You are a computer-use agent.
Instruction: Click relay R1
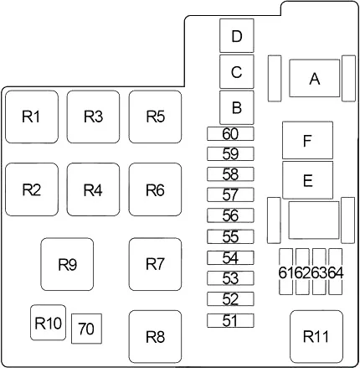[32, 117]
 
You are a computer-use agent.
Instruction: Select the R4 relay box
[93, 189]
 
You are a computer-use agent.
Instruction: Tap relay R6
[155, 189]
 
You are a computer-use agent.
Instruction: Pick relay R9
[67, 264]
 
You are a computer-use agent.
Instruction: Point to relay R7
[155, 264]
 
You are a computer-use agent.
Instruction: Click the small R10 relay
[48, 323]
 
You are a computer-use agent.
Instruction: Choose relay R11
[316, 337]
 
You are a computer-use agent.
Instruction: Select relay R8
[155, 337]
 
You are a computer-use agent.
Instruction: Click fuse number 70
[86, 329]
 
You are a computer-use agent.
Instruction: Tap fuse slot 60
[230, 133]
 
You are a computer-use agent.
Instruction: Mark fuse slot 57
[230, 194]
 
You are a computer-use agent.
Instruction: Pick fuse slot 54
[230, 257]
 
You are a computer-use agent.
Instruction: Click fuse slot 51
[230, 320]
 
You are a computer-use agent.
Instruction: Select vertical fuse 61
[286, 272]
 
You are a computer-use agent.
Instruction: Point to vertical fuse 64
[336, 272]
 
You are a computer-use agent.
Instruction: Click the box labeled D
[237, 35]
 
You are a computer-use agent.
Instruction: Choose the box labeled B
[237, 107]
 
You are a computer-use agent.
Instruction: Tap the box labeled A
[315, 78]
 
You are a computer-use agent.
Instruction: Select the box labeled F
[307, 140]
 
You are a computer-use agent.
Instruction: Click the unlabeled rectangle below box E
[314, 220]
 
